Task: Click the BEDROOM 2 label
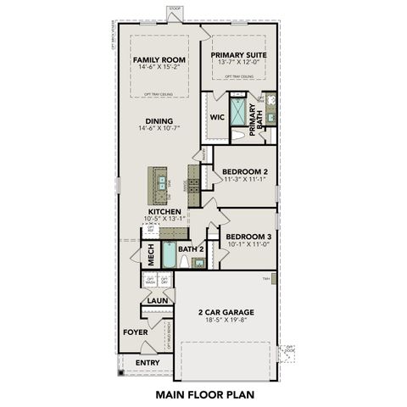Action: point(244,170)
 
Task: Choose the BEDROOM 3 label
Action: point(248,237)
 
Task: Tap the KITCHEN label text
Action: point(164,211)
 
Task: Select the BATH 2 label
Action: point(191,248)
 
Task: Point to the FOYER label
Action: point(135,332)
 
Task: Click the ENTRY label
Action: point(148,363)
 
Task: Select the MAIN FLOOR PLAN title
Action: point(204,394)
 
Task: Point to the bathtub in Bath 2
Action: point(169,255)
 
